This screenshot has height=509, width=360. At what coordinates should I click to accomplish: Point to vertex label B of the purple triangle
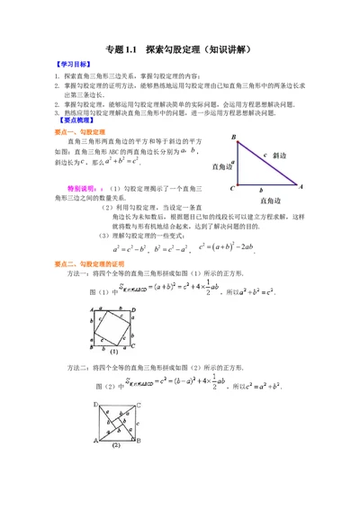coord(233,138)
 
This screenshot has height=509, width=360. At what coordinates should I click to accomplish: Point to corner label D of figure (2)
coord(96,404)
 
